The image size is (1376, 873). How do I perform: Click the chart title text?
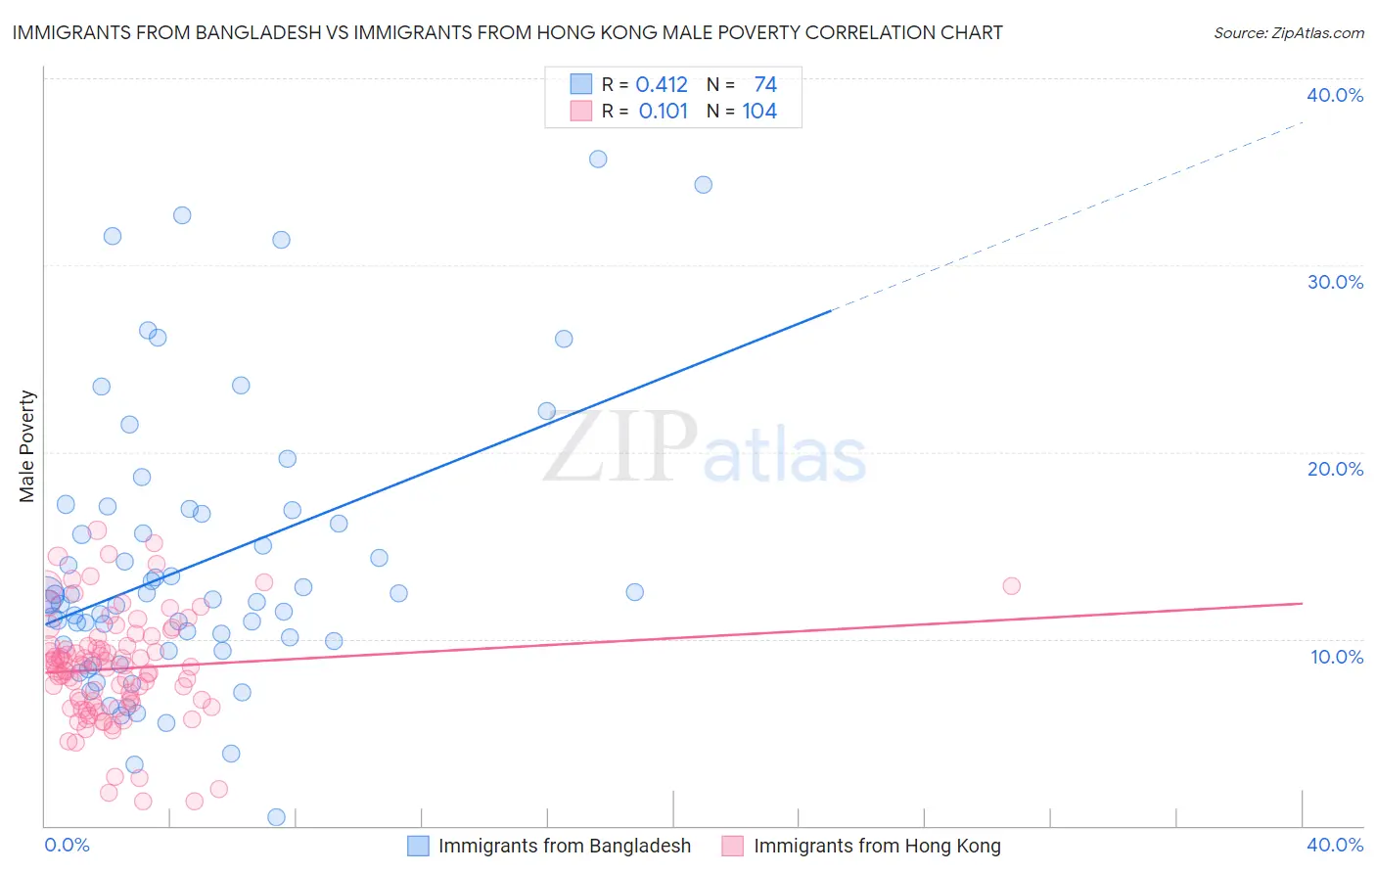(x=507, y=32)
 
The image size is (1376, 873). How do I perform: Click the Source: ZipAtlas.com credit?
(x=1288, y=32)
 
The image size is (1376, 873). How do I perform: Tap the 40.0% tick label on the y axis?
(x=1335, y=95)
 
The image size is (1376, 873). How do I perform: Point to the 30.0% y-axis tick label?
(x=1335, y=282)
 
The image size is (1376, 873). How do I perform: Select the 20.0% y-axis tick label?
(x=1335, y=469)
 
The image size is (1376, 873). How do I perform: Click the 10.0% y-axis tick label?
(x=1335, y=657)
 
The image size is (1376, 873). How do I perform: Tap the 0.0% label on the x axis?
(x=67, y=845)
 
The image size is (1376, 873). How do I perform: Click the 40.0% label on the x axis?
(x=1335, y=845)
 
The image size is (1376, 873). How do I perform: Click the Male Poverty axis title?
(x=27, y=446)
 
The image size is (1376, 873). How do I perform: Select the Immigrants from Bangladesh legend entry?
(x=564, y=846)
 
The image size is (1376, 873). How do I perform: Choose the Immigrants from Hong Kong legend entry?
(x=877, y=846)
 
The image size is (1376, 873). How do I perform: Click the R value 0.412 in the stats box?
(x=662, y=85)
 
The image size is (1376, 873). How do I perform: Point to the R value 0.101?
(x=664, y=112)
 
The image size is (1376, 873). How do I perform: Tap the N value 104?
(x=759, y=112)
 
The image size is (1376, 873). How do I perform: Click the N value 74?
(x=765, y=85)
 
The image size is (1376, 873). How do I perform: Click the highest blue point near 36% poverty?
(x=598, y=159)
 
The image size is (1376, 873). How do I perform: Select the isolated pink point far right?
(x=1012, y=585)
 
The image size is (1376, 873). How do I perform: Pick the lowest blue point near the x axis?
(x=277, y=817)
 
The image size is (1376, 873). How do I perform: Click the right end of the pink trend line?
(x=1302, y=604)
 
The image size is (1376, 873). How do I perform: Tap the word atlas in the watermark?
(x=785, y=456)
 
